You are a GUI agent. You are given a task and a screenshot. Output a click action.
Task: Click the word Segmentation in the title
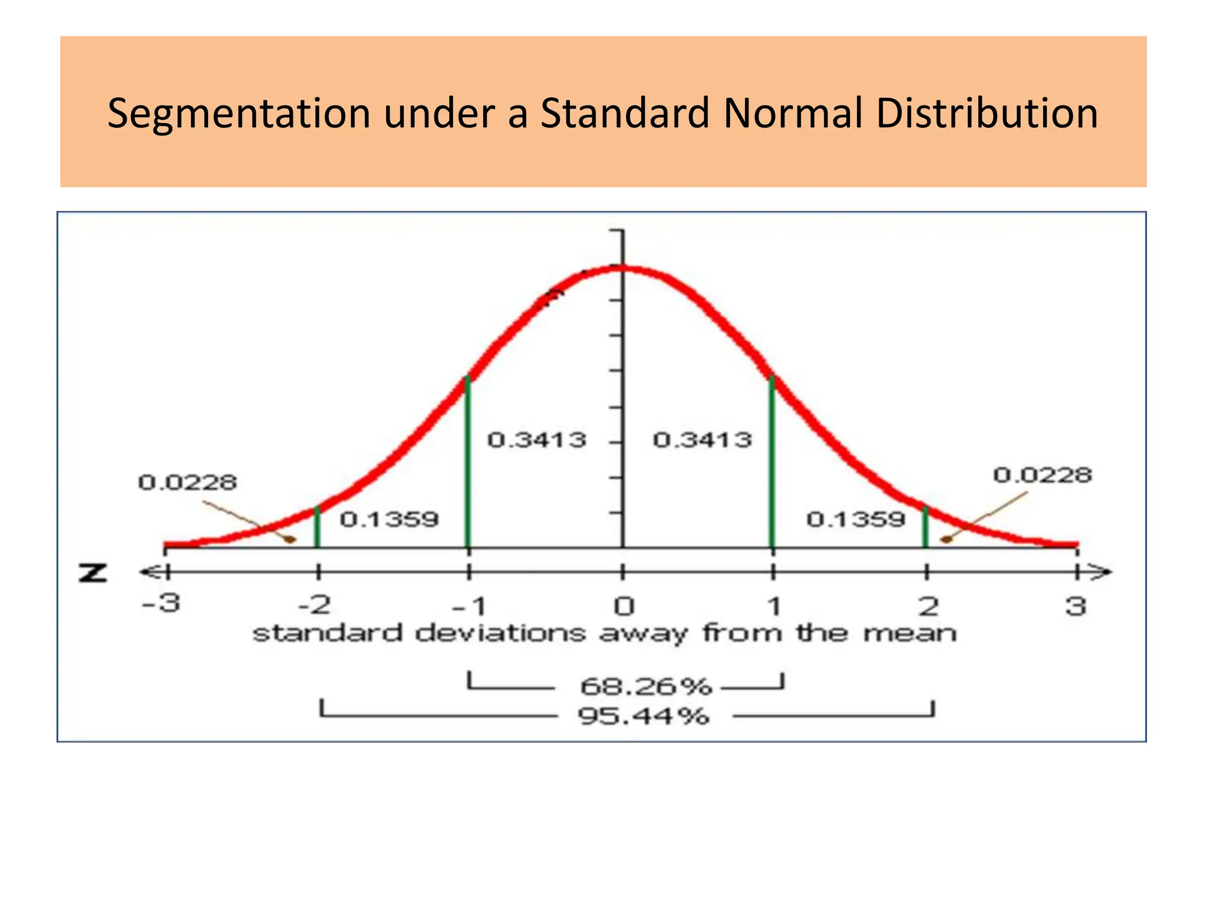238,113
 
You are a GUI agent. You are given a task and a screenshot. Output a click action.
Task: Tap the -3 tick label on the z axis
161,604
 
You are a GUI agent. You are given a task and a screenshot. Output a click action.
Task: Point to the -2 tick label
315,605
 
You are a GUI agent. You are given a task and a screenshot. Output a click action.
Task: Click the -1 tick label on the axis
469,606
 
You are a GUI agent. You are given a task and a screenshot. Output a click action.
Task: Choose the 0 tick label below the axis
623,606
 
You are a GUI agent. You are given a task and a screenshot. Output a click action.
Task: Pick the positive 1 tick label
774,606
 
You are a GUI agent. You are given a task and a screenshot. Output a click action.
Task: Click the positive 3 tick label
1076,606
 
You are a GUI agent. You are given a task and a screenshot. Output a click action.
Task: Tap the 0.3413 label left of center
537,440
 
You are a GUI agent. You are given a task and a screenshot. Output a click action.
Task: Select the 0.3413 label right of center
703,440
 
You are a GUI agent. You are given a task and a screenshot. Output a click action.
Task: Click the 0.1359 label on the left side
390,520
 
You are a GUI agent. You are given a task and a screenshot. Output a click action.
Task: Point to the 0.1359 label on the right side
856,520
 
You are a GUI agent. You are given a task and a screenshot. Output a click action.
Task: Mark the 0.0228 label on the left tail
187,483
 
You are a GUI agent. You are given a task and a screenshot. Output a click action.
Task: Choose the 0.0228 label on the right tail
1043,475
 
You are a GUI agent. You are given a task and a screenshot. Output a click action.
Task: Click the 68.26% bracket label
646,686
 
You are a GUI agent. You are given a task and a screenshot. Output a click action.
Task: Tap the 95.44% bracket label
643,717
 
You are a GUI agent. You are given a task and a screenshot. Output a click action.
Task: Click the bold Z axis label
93,573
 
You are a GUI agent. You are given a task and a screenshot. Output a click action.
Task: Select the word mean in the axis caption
910,634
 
